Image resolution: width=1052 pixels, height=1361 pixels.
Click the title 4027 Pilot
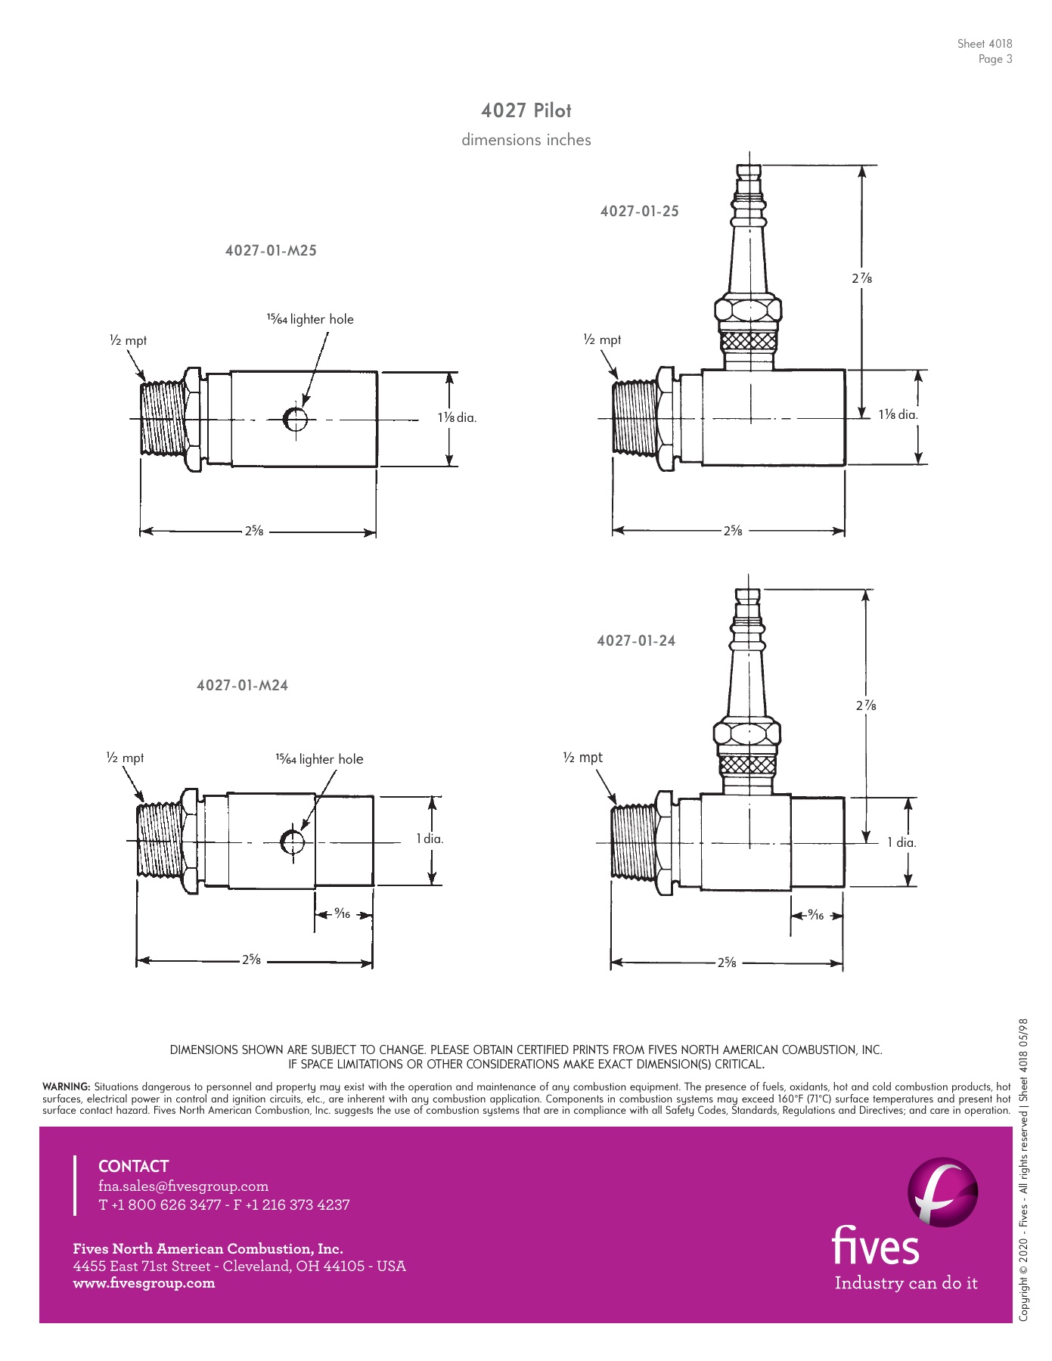click(526, 110)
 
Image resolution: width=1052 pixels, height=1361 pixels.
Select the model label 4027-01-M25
click(271, 251)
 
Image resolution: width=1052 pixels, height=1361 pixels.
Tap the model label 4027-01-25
click(639, 212)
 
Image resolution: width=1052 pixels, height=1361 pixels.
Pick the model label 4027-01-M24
click(242, 686)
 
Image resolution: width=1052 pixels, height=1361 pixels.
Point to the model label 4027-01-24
click(636, 641)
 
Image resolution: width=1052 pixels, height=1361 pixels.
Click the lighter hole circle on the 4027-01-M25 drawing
click(294, 418)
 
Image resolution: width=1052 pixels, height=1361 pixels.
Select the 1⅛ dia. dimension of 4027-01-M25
click(457, 418)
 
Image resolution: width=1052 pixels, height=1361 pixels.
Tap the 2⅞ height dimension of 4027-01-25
click(861, 278)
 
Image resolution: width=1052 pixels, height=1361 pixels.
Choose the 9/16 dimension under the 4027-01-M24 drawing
click(343, 914)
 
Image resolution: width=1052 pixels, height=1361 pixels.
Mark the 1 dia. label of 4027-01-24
click(901, 842)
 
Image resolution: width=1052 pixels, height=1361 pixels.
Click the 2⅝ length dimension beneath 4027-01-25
click(732, 531)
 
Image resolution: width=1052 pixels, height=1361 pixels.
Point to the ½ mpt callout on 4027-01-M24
click(125, 758)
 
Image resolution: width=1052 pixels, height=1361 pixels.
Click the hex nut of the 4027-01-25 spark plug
click(748, 312)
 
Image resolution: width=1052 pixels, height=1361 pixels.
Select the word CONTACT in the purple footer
click(133, 1166)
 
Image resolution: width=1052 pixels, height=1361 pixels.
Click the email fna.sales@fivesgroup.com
click(183, 1186)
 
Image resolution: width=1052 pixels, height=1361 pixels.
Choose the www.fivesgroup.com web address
click(144, 1283)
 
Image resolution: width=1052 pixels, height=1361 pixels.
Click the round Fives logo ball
click(942, 1192)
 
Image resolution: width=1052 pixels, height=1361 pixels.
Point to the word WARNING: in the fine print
click(67, 1087)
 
